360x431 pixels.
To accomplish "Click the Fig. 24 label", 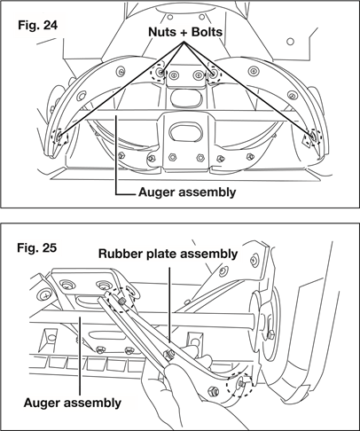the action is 37,25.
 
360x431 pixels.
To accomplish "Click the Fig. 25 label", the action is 36,247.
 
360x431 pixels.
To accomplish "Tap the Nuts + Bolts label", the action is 185,32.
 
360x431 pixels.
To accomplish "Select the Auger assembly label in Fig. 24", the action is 187,192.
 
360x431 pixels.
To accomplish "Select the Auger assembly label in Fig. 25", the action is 73,403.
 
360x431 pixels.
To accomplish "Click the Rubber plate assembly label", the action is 168,254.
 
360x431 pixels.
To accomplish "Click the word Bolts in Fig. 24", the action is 207,32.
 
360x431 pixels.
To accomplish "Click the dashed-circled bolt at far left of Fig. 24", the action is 59,137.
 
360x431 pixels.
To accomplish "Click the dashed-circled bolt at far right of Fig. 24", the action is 313,136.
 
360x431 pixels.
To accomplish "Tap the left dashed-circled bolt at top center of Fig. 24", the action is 160,72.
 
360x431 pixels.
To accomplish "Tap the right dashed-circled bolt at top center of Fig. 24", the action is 214,73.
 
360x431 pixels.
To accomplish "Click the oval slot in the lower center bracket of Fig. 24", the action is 185,132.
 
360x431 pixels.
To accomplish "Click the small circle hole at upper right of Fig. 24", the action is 290,42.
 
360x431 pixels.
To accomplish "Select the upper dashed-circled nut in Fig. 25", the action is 121,302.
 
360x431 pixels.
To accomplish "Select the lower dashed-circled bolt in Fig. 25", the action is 239,384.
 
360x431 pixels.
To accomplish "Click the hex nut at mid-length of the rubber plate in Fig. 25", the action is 169,353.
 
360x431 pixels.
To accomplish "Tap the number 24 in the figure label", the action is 51,25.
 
